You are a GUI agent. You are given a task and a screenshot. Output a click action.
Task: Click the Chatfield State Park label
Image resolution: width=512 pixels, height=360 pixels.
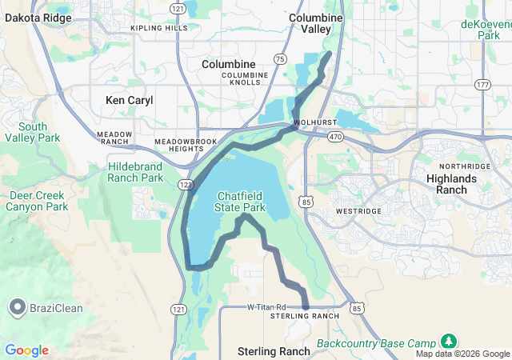[x=242, y=202]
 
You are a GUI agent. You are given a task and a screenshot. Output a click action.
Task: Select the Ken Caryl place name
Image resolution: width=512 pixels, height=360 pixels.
[x=129, y=101]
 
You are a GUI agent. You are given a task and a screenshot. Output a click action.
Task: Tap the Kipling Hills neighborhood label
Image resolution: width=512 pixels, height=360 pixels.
[x=158, y=28]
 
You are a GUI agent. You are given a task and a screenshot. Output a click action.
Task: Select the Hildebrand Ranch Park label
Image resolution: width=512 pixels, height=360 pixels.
[x=135, y=172]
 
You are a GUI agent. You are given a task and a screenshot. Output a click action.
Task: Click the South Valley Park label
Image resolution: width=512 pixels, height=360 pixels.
[x=32, y=132]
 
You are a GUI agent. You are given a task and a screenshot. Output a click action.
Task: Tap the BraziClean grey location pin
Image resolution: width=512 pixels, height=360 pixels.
[x=17, y=307]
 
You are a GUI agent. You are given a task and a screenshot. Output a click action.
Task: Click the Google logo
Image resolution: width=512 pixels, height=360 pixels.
[x=26, y=350]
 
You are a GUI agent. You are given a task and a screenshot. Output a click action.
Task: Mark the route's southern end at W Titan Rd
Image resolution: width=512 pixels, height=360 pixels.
[x=306, y=306]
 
